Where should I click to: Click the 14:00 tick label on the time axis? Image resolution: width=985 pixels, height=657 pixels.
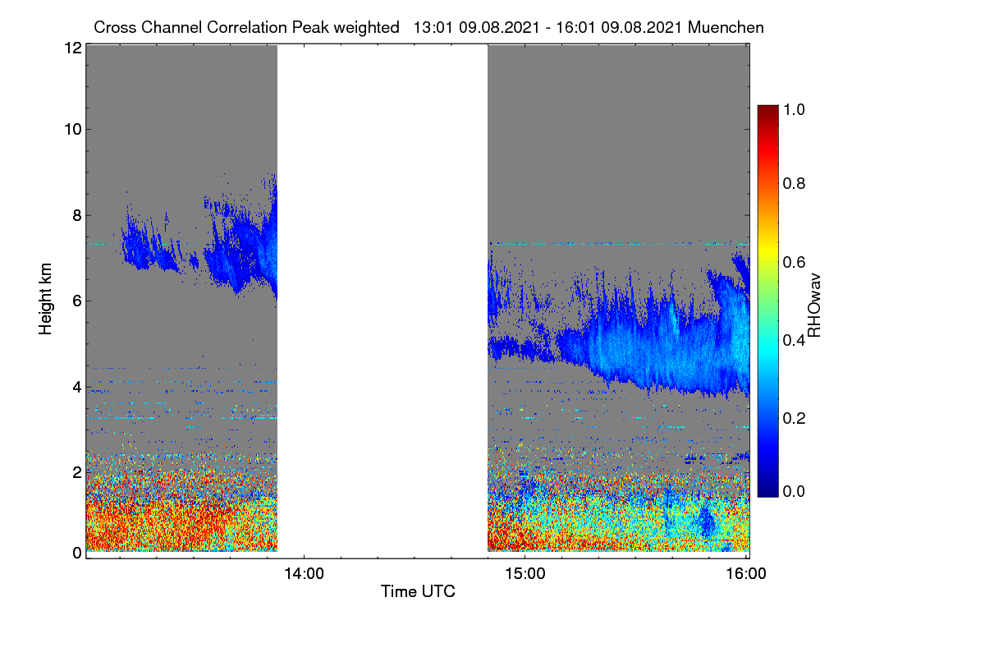tap(304, 574)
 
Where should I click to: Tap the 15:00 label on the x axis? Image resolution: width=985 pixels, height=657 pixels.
tap(525, 574)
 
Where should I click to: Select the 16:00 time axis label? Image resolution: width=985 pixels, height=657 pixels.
tap(746, 574)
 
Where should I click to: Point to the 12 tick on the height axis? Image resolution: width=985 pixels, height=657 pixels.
tap(73, 48)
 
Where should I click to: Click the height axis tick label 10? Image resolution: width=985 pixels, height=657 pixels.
tap(73, 130)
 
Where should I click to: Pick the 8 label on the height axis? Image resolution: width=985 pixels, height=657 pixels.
tap(77, 215)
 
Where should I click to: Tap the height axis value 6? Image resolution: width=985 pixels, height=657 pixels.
tap(77, 301)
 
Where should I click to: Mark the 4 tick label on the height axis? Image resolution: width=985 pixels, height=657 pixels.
tap(77, 388)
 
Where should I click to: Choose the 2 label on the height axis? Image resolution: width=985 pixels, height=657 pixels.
tap(77, 472)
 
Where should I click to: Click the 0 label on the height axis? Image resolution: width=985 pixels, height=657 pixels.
tap(77, 554)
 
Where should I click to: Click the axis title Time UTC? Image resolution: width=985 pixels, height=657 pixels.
tap(418, 591)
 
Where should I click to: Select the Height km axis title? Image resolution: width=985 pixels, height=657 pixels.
tap(45, 299)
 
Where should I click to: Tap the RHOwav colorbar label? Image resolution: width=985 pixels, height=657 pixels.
tap(814, 306)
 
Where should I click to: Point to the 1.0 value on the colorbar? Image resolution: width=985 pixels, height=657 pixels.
tap(794, 109)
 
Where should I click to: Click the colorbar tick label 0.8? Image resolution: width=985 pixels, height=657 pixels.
tap(794, 183)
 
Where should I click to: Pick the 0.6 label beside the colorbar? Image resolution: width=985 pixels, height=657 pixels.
tap(794, 262)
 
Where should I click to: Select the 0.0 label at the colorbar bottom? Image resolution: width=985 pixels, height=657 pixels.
tap(794, 491)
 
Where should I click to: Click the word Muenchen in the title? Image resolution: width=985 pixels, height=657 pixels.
tap(726, 28)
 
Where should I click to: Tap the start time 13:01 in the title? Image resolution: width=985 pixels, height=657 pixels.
tap(433, 28)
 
